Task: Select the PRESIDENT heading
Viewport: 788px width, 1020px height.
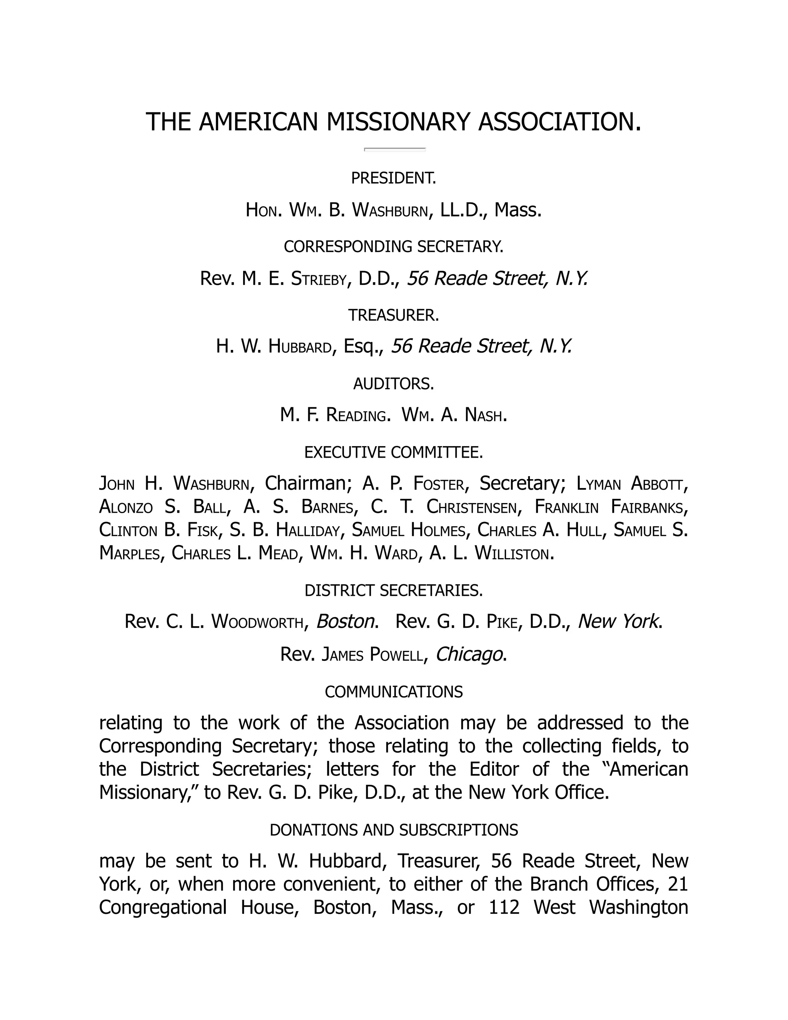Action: [x=394, y=179]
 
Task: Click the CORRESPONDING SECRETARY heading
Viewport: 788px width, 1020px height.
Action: [x=394, y=247]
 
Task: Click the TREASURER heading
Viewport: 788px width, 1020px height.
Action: [x=394, y=316]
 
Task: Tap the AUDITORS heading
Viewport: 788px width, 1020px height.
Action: [x=394, y=384]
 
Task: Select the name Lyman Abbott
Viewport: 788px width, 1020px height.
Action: [x=632, y=484]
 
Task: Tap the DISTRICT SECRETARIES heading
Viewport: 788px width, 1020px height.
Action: [x=394, y=591]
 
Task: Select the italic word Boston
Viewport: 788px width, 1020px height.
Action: [x=346, y=622]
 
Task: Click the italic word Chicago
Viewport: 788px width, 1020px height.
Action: [x=470, y=654]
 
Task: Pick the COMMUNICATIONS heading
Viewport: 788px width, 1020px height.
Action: [x=394, y=692]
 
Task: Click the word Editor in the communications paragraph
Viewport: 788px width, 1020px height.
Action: [x=494, y=769]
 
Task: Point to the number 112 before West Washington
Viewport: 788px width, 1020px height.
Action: [x=504, y=908]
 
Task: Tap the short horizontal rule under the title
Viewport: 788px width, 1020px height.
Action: [x=395, y=149]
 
